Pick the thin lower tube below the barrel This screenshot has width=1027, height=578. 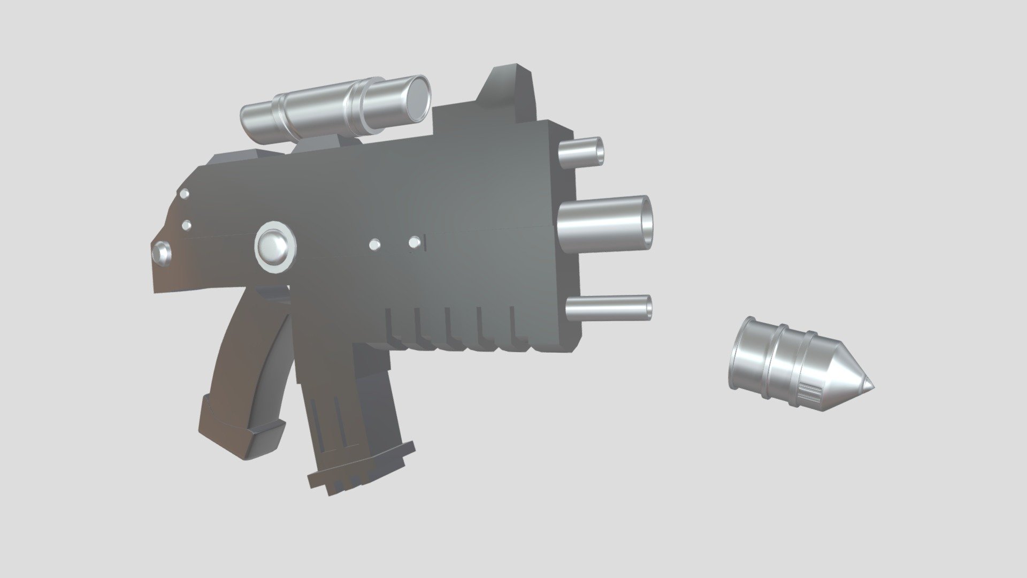610,308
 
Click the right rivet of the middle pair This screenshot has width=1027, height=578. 414,242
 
